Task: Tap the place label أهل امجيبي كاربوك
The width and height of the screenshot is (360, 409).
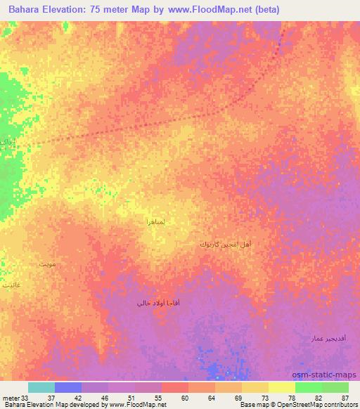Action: pyautogui.click(x=226, y=245)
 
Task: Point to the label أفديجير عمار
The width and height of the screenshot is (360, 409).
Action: pyautogui.click(x=327, y=338)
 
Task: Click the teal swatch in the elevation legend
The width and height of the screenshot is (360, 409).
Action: pyautogui.click(x=41, y=387)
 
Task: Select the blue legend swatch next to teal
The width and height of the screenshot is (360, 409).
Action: pyautogui.click(x=67, y=387)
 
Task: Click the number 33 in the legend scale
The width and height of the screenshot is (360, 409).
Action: pyautogui.click(x=25, y=398)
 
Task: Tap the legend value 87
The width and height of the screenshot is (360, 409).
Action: pyautogui.click(x=345, y=398)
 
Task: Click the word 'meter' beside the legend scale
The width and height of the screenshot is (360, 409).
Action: pyautogui.click(x=11, y=398)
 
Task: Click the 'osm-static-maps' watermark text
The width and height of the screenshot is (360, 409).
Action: pyautogui.click(x=326, y=375)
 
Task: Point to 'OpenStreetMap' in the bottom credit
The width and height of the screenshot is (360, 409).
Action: pyautogui.click(x=296, y=405)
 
